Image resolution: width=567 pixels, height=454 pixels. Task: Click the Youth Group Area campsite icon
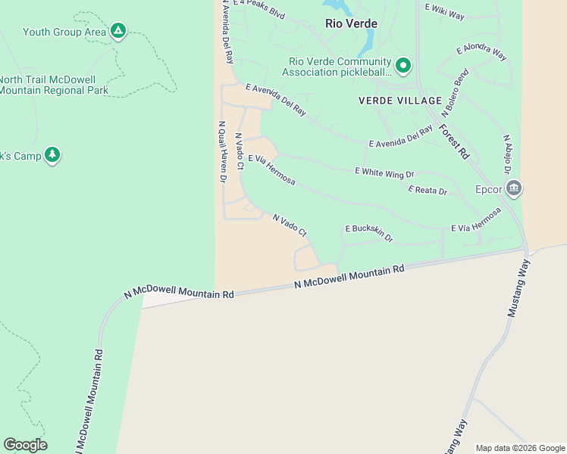(117, 31)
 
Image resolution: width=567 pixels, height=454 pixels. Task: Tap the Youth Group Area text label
(64, 32)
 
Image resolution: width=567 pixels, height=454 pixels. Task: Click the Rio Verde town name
(351, 23)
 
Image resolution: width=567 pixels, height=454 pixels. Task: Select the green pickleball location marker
(404, 67)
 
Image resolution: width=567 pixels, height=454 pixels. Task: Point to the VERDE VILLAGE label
(400, 101)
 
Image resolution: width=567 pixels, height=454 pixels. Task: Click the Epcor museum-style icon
(514, 188)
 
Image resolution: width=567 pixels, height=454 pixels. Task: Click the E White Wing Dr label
(384, 173)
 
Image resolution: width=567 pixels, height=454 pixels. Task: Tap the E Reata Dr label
(428, 191)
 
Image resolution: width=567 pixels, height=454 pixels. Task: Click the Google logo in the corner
(25, 445)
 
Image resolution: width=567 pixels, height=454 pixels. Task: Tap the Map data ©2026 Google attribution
(520, 448)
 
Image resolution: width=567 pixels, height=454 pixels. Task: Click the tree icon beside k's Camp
(52, 155)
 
